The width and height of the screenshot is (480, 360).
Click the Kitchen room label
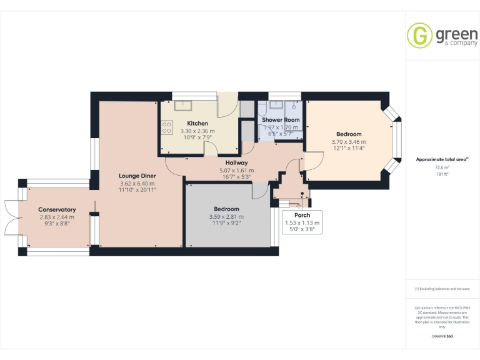197,123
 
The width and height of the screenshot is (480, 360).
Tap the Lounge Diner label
137,176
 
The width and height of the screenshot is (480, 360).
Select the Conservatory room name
57,209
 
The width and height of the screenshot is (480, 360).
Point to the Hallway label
236,162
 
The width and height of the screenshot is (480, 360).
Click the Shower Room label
281,119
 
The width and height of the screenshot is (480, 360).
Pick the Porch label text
302,215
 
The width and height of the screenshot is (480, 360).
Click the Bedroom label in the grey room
226,209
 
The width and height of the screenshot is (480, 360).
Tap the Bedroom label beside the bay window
349,134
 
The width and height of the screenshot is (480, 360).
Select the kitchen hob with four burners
167,127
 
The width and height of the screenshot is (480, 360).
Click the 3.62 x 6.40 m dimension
137,183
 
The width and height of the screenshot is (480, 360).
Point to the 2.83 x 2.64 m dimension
57,217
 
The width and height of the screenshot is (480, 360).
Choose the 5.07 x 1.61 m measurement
236,170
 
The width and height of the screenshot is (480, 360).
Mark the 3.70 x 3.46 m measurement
349,142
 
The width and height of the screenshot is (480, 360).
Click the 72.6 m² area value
442,167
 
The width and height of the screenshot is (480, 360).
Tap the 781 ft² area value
442,174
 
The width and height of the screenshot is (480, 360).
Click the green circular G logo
419,36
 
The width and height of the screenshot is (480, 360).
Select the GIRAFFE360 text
442,337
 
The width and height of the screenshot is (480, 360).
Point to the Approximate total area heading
441,159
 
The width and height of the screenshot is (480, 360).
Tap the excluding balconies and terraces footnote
442,289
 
